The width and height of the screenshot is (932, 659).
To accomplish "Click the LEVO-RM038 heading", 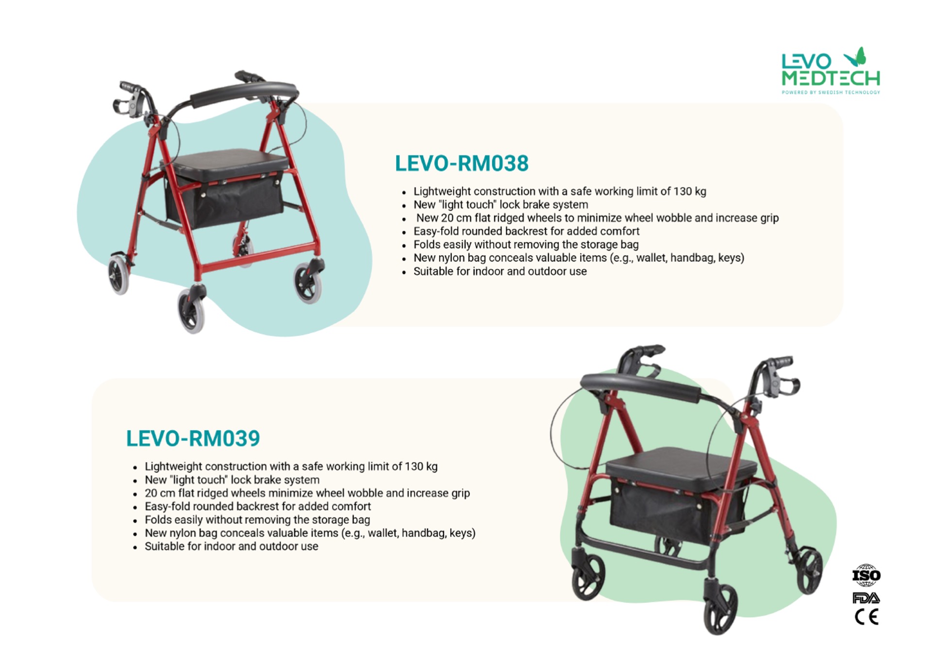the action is (x=462, y=164).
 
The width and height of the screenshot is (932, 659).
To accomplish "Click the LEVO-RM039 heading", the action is (x=193, y=439).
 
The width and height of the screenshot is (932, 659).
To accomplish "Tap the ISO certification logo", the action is (x=866, y=575).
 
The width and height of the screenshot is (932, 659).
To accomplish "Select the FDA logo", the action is (x=866, y=598).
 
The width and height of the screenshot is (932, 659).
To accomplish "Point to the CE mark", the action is (x=866, y=617).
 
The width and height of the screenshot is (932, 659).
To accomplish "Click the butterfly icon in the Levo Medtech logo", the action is (x=855, y=57).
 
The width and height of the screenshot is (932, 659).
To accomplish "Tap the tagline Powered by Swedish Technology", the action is (x=831, y=92).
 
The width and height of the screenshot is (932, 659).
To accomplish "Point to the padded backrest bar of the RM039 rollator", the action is (x=641, y=386).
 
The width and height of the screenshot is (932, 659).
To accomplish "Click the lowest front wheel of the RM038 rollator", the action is (x=191, y=311).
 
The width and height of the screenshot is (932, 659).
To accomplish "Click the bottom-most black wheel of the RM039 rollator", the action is (x=720, y=610).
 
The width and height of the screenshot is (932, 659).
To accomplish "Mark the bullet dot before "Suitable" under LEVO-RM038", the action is (x=404, y=273).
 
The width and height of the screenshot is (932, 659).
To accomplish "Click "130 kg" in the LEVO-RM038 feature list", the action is (x=690, y=191).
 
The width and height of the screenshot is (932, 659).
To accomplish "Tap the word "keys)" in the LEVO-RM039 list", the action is (x=463, y=533).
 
